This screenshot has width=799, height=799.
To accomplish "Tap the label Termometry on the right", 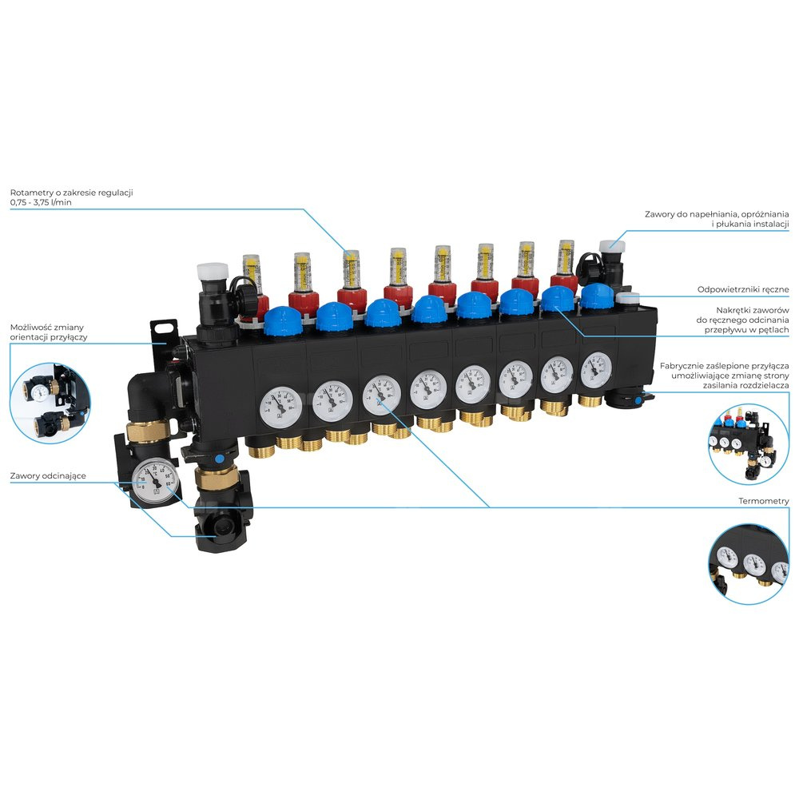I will click(x=764, y=501).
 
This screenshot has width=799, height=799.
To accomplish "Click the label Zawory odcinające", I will click(x=48, y=476).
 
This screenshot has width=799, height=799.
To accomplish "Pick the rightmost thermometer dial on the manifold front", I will click(x=595, y=368).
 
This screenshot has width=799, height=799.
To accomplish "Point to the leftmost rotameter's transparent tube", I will click(x=252, y=272).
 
